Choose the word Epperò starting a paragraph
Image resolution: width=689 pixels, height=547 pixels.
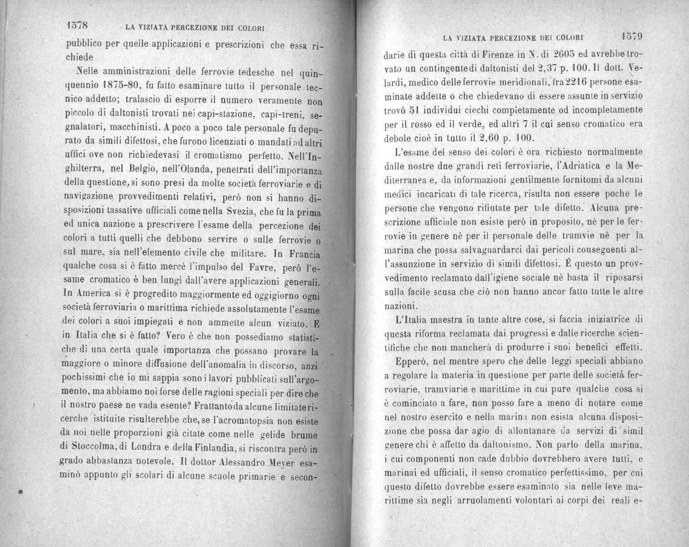(414, 360)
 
